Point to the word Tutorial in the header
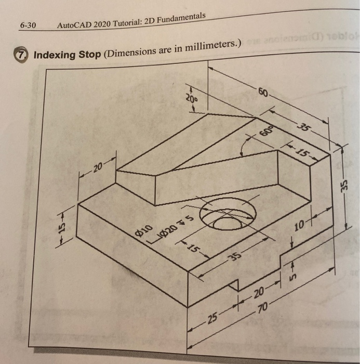pos(125,21)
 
